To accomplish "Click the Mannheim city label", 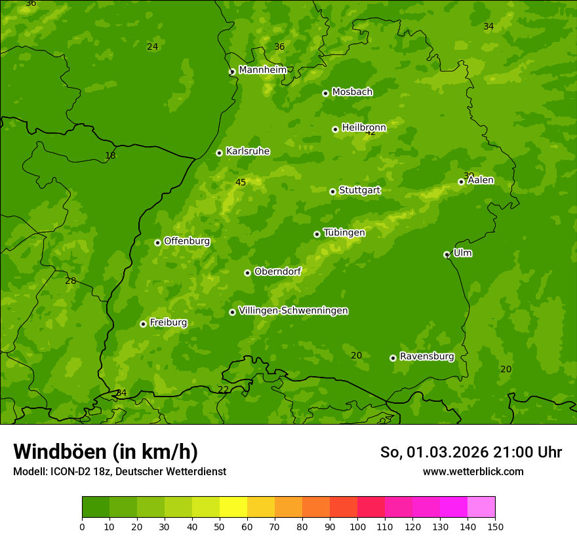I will pos(262,70).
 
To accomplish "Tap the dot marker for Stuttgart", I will pos(332,191).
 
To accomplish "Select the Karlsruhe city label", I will pos(247,151).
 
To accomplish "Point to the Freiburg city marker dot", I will pos(143,324).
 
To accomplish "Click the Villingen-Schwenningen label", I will pos(293,311).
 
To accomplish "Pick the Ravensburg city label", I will pos(426,357).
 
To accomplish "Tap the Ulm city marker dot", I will pos(447,254).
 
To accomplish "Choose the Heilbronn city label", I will pos(364,127).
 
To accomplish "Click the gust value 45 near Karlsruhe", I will pos(241,182).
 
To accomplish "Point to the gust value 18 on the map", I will pos(110,156).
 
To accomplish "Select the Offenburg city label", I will pos(187,241).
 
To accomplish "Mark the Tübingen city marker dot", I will pos(317,234).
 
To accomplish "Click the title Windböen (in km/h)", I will pos(106,452).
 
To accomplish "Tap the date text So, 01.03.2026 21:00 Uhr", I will pos(471,452).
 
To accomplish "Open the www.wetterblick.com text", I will pos(473,471).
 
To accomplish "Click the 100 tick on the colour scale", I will pos(357,526).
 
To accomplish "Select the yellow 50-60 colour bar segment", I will pos(233,507).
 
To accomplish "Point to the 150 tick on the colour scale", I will pos(495,526).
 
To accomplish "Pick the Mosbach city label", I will pos(352,92).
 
